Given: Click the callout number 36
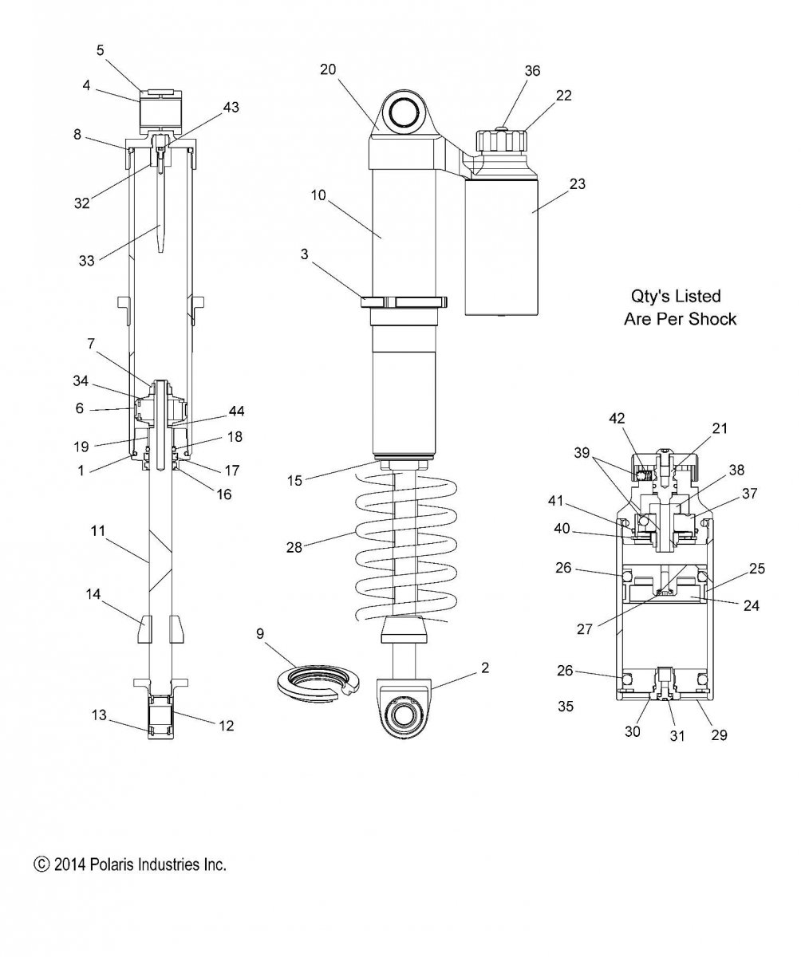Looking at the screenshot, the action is (x=532, y=71).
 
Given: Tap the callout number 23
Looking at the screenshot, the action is (x=578, y=183).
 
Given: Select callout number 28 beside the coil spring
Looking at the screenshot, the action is (x=294, y=547).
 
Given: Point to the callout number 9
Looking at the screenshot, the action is (x=260, y=634).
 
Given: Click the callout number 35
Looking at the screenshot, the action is (x=566, y=707).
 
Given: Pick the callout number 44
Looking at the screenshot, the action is (x=236, y=412).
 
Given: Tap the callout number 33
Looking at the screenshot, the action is (x=87, y=261).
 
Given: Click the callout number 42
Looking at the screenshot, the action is (x=617, y=419).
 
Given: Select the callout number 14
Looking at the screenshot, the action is (x=93, y=594).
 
